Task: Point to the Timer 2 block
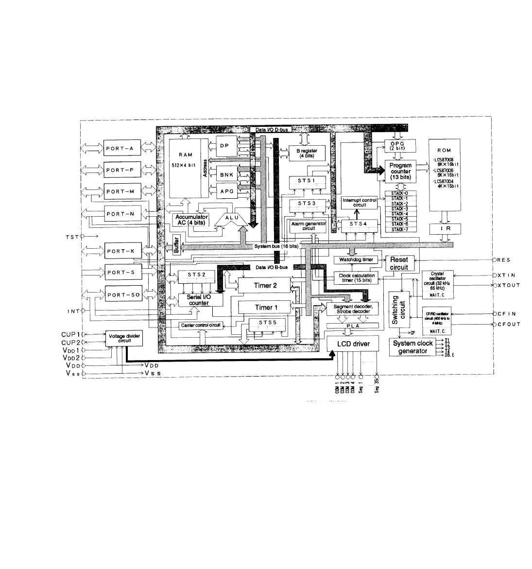tap(265, 285)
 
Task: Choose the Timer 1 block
tap(265, 307)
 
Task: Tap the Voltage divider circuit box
tap(124, 338)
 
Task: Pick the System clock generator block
tap(412, 347)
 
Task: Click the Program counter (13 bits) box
tap(400, 171)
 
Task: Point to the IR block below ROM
tap(444, 227)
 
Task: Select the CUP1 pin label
tap(70, 334)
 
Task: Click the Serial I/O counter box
tap(199, 300)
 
